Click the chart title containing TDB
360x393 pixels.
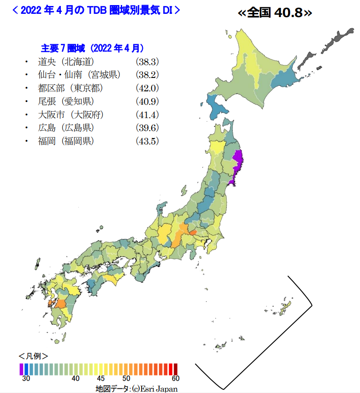[x=95, y=10]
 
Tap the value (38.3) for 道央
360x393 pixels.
[x=147, y=62]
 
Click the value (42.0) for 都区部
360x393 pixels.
[x=147, y=88]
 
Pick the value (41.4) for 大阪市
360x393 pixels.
[x=147, y=115]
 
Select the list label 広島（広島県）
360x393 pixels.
[x=66, y=128]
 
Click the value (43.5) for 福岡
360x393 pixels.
[x=147, y=141]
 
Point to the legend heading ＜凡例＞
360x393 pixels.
[x=33, y=356]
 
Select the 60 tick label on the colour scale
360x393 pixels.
[x=175, y=379]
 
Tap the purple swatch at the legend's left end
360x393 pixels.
[x=21, y=369]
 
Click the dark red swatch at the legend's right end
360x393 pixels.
[x=175, y=369]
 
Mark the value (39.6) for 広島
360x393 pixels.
[x=147, y=128]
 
